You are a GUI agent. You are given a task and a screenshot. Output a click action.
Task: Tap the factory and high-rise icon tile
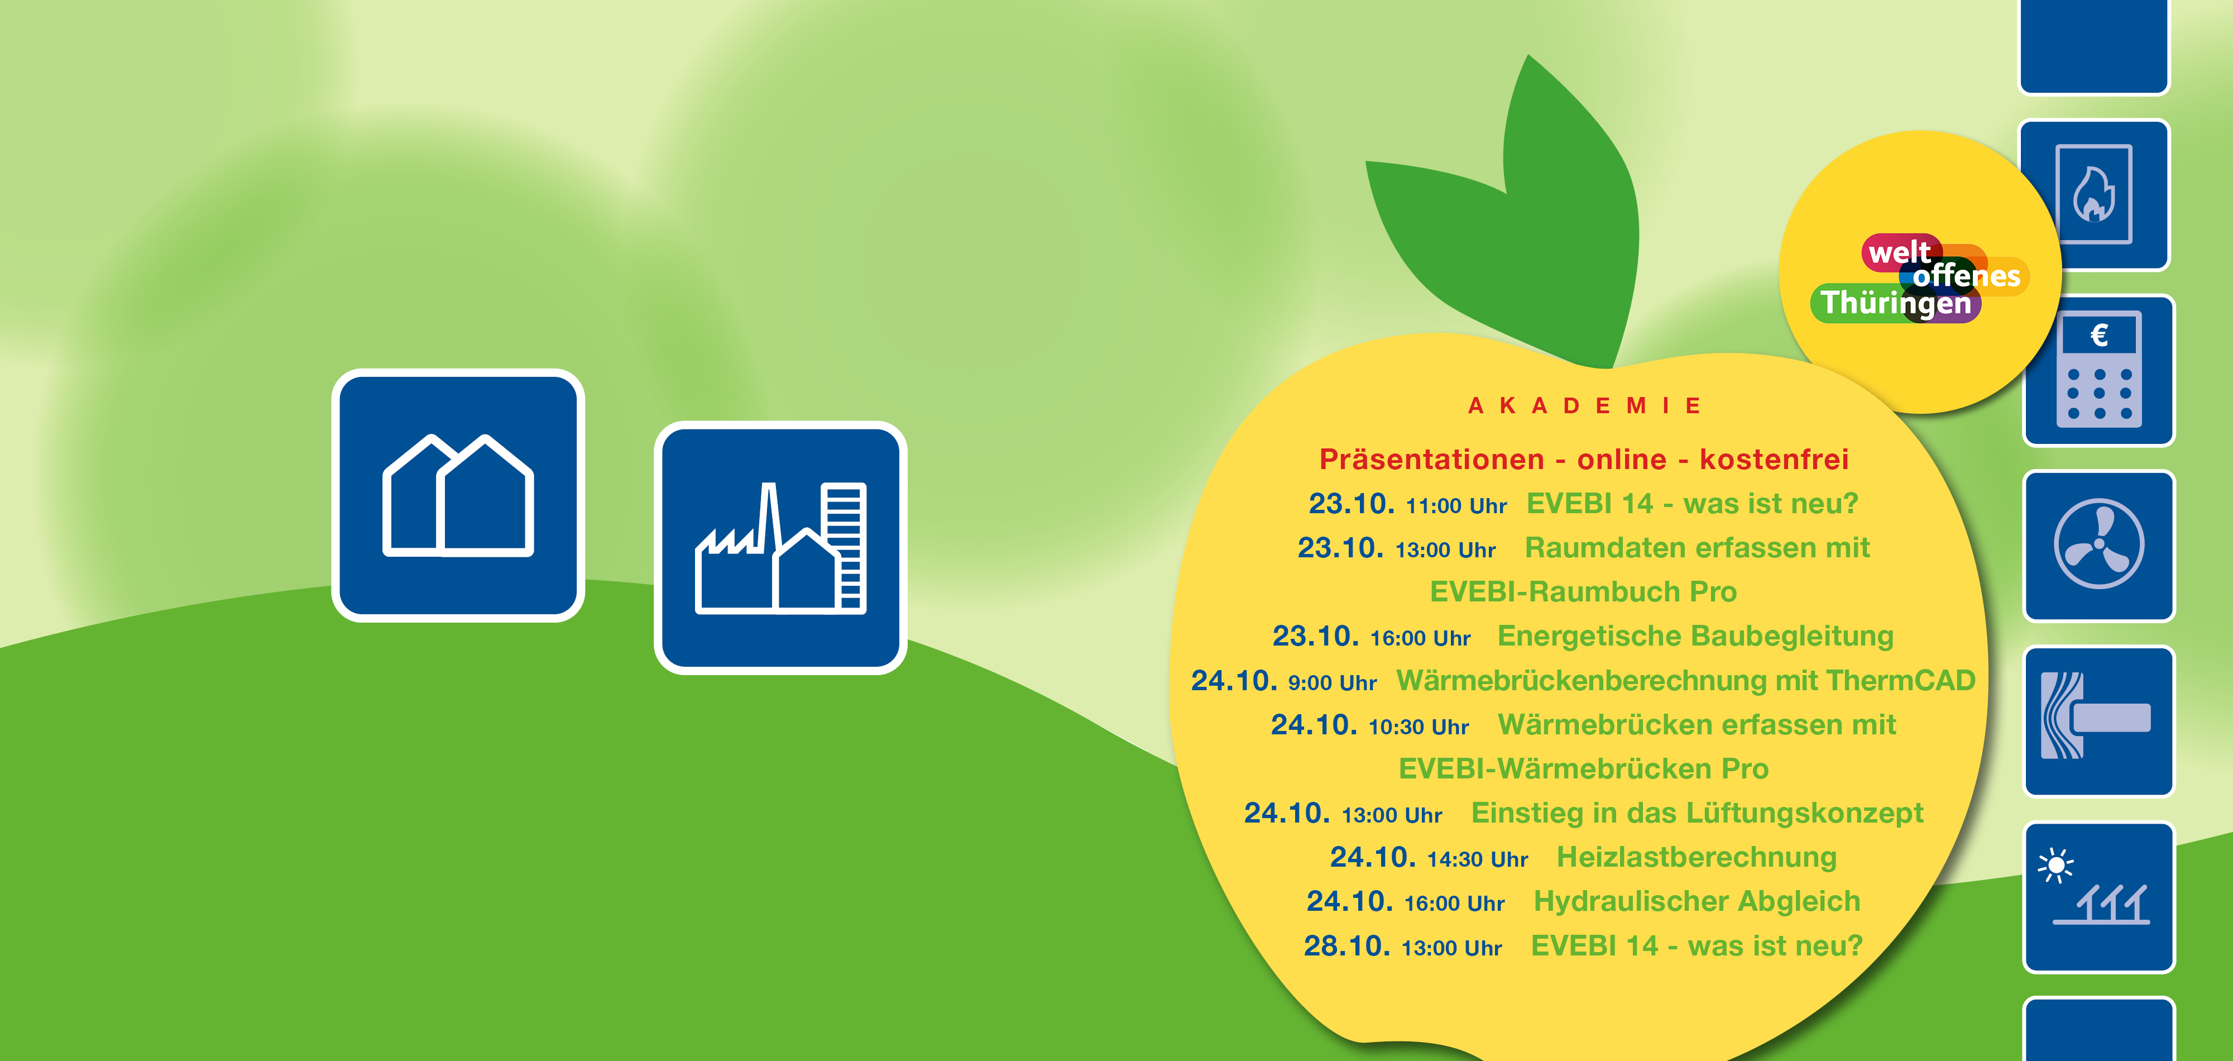(x=780, y=548)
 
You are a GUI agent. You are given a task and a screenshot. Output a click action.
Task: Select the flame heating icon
(x=2095, y=195)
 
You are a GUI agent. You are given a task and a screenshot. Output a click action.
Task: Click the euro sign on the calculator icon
(x=2098, y=334)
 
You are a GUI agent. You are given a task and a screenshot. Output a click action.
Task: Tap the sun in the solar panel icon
(x=2055, y=865)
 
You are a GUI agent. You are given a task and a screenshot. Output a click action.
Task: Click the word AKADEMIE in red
(x=1585, y=405)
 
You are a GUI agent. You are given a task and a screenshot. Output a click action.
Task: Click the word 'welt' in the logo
(x=1899, y=252)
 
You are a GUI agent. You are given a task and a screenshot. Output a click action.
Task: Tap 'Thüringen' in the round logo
(x=1896, y=303)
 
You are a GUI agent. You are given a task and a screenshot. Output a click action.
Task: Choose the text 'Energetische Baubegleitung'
(x=1695, y=636)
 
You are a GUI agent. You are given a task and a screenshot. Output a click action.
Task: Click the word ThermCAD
(x=1900, y=681)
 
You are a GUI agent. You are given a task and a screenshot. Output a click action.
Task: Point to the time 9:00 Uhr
(x=1333, y=683)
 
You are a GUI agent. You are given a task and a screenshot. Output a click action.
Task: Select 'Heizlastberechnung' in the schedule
(x=1697, y=857)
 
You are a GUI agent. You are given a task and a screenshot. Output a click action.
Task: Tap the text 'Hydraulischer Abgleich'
(x=1697, y=901)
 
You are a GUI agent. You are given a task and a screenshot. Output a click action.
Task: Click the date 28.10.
(x=1347, y=946)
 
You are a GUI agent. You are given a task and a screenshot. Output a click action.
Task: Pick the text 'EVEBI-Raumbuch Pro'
(x=1583, y=592)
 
